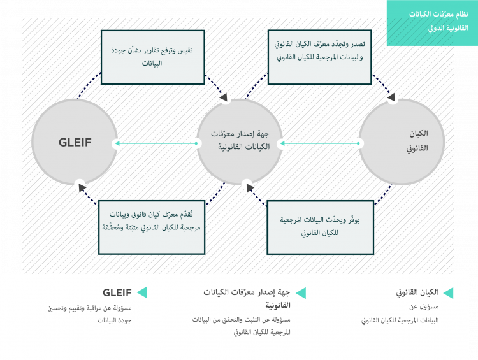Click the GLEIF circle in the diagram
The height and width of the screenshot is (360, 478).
[x=75, y=143]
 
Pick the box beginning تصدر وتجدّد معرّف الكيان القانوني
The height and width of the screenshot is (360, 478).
[x=319, y=57]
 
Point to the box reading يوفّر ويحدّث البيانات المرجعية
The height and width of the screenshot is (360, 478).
[x=319, y=226]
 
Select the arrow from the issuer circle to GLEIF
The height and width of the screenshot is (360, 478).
[x=156, y=143]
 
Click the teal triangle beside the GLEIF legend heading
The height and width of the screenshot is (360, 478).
[x=142, y=292]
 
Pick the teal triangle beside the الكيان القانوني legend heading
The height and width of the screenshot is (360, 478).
[x=448, y=292]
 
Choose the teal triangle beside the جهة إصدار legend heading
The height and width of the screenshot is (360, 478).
[x=301, y=292]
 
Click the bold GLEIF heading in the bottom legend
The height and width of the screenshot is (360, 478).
[x=117, y=292]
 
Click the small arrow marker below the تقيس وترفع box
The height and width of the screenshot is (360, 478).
[x=225, y=99]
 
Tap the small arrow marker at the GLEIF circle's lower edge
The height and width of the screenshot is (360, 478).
[x=80, y=185]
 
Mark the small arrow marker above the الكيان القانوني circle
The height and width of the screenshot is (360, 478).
[x=393, y=99]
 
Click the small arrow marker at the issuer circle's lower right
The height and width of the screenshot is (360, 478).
[x=247, y=185]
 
